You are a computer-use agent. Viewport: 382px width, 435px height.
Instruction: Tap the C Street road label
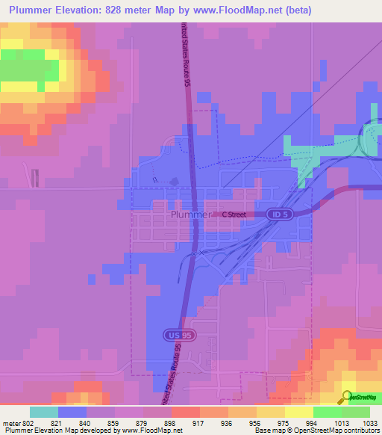pos(234,215)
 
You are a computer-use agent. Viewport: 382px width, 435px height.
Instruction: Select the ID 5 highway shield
pos(279,214)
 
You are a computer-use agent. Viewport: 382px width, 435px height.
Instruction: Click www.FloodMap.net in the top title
pos(228,10)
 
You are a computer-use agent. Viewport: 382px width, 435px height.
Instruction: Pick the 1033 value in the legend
pos(371,423)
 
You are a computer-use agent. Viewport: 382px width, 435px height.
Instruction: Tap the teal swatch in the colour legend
pos(43,412)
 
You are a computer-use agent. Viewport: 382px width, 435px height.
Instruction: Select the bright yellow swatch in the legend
pos(298,412)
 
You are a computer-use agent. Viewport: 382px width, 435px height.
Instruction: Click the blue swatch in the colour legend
pos(72,412)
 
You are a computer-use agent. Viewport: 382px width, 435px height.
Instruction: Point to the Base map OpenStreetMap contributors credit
pos(317,431)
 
